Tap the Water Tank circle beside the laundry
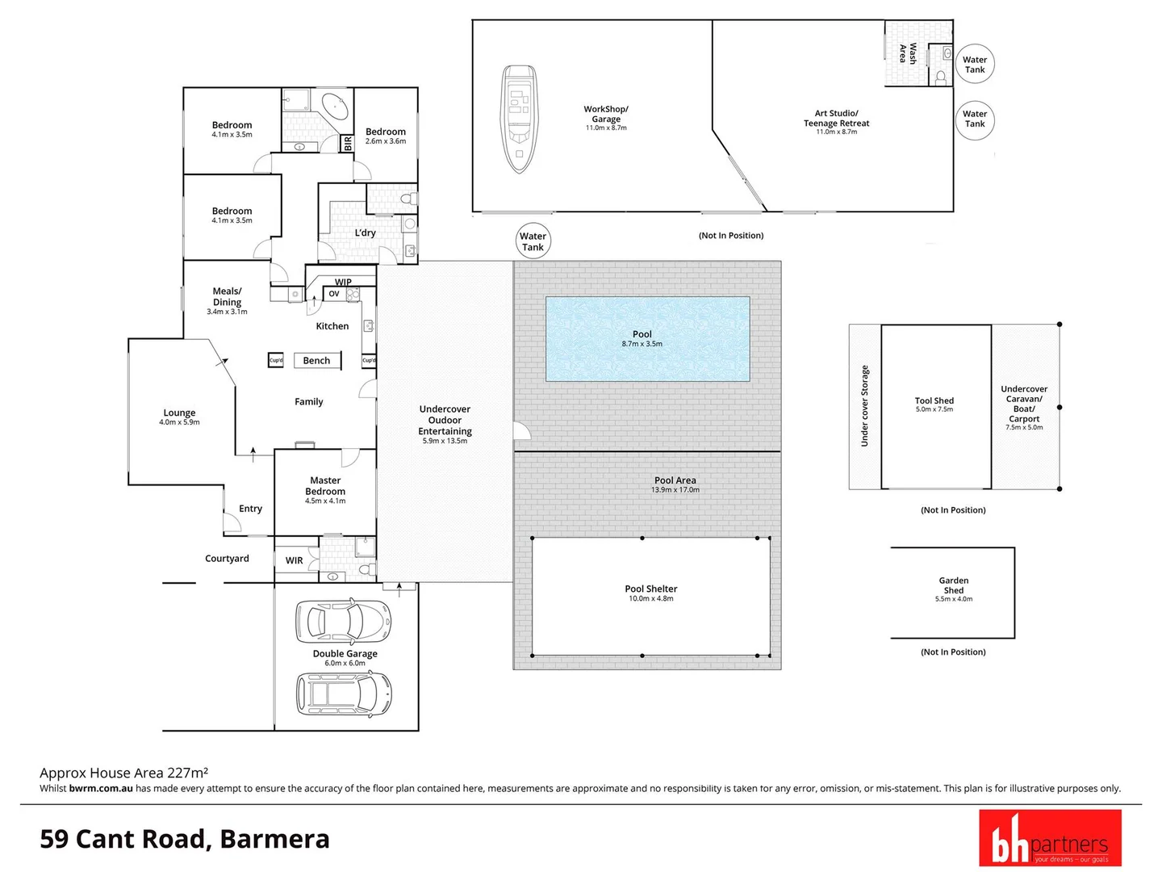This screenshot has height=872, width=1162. pos(533,241)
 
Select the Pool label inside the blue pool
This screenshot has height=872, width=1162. pos(642,334)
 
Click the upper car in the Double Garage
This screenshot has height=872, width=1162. pos(344,621)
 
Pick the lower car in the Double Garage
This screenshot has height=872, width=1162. pos(344,693)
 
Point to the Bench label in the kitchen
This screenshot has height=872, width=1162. pos(316,361)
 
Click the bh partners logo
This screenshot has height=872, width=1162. pos(1050,838)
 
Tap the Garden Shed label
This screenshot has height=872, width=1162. pos(954,585)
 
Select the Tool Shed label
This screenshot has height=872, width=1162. pos(934,400)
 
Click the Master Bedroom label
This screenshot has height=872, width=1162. pos(325,486)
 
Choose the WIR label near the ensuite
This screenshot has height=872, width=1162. pos(295,560)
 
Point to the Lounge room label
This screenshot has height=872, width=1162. pos(179,413)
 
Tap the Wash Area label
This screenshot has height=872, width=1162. pos(908,53)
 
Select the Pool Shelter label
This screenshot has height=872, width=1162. pos(651,589)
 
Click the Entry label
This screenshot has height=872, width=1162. pos(250,509)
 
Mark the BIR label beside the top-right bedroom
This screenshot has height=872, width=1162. pos(348,144)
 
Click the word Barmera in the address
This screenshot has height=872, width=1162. pos(274,839)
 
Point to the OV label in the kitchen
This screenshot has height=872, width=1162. pos(334,294)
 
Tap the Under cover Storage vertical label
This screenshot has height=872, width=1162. pos(864,406)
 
